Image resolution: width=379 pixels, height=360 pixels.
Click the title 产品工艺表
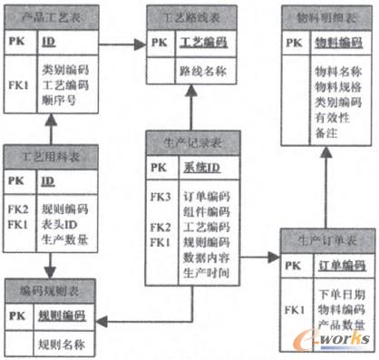click(46, 15)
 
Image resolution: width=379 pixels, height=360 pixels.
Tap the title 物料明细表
click(323, 15)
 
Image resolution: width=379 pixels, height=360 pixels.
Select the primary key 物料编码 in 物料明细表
click(332, 42)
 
